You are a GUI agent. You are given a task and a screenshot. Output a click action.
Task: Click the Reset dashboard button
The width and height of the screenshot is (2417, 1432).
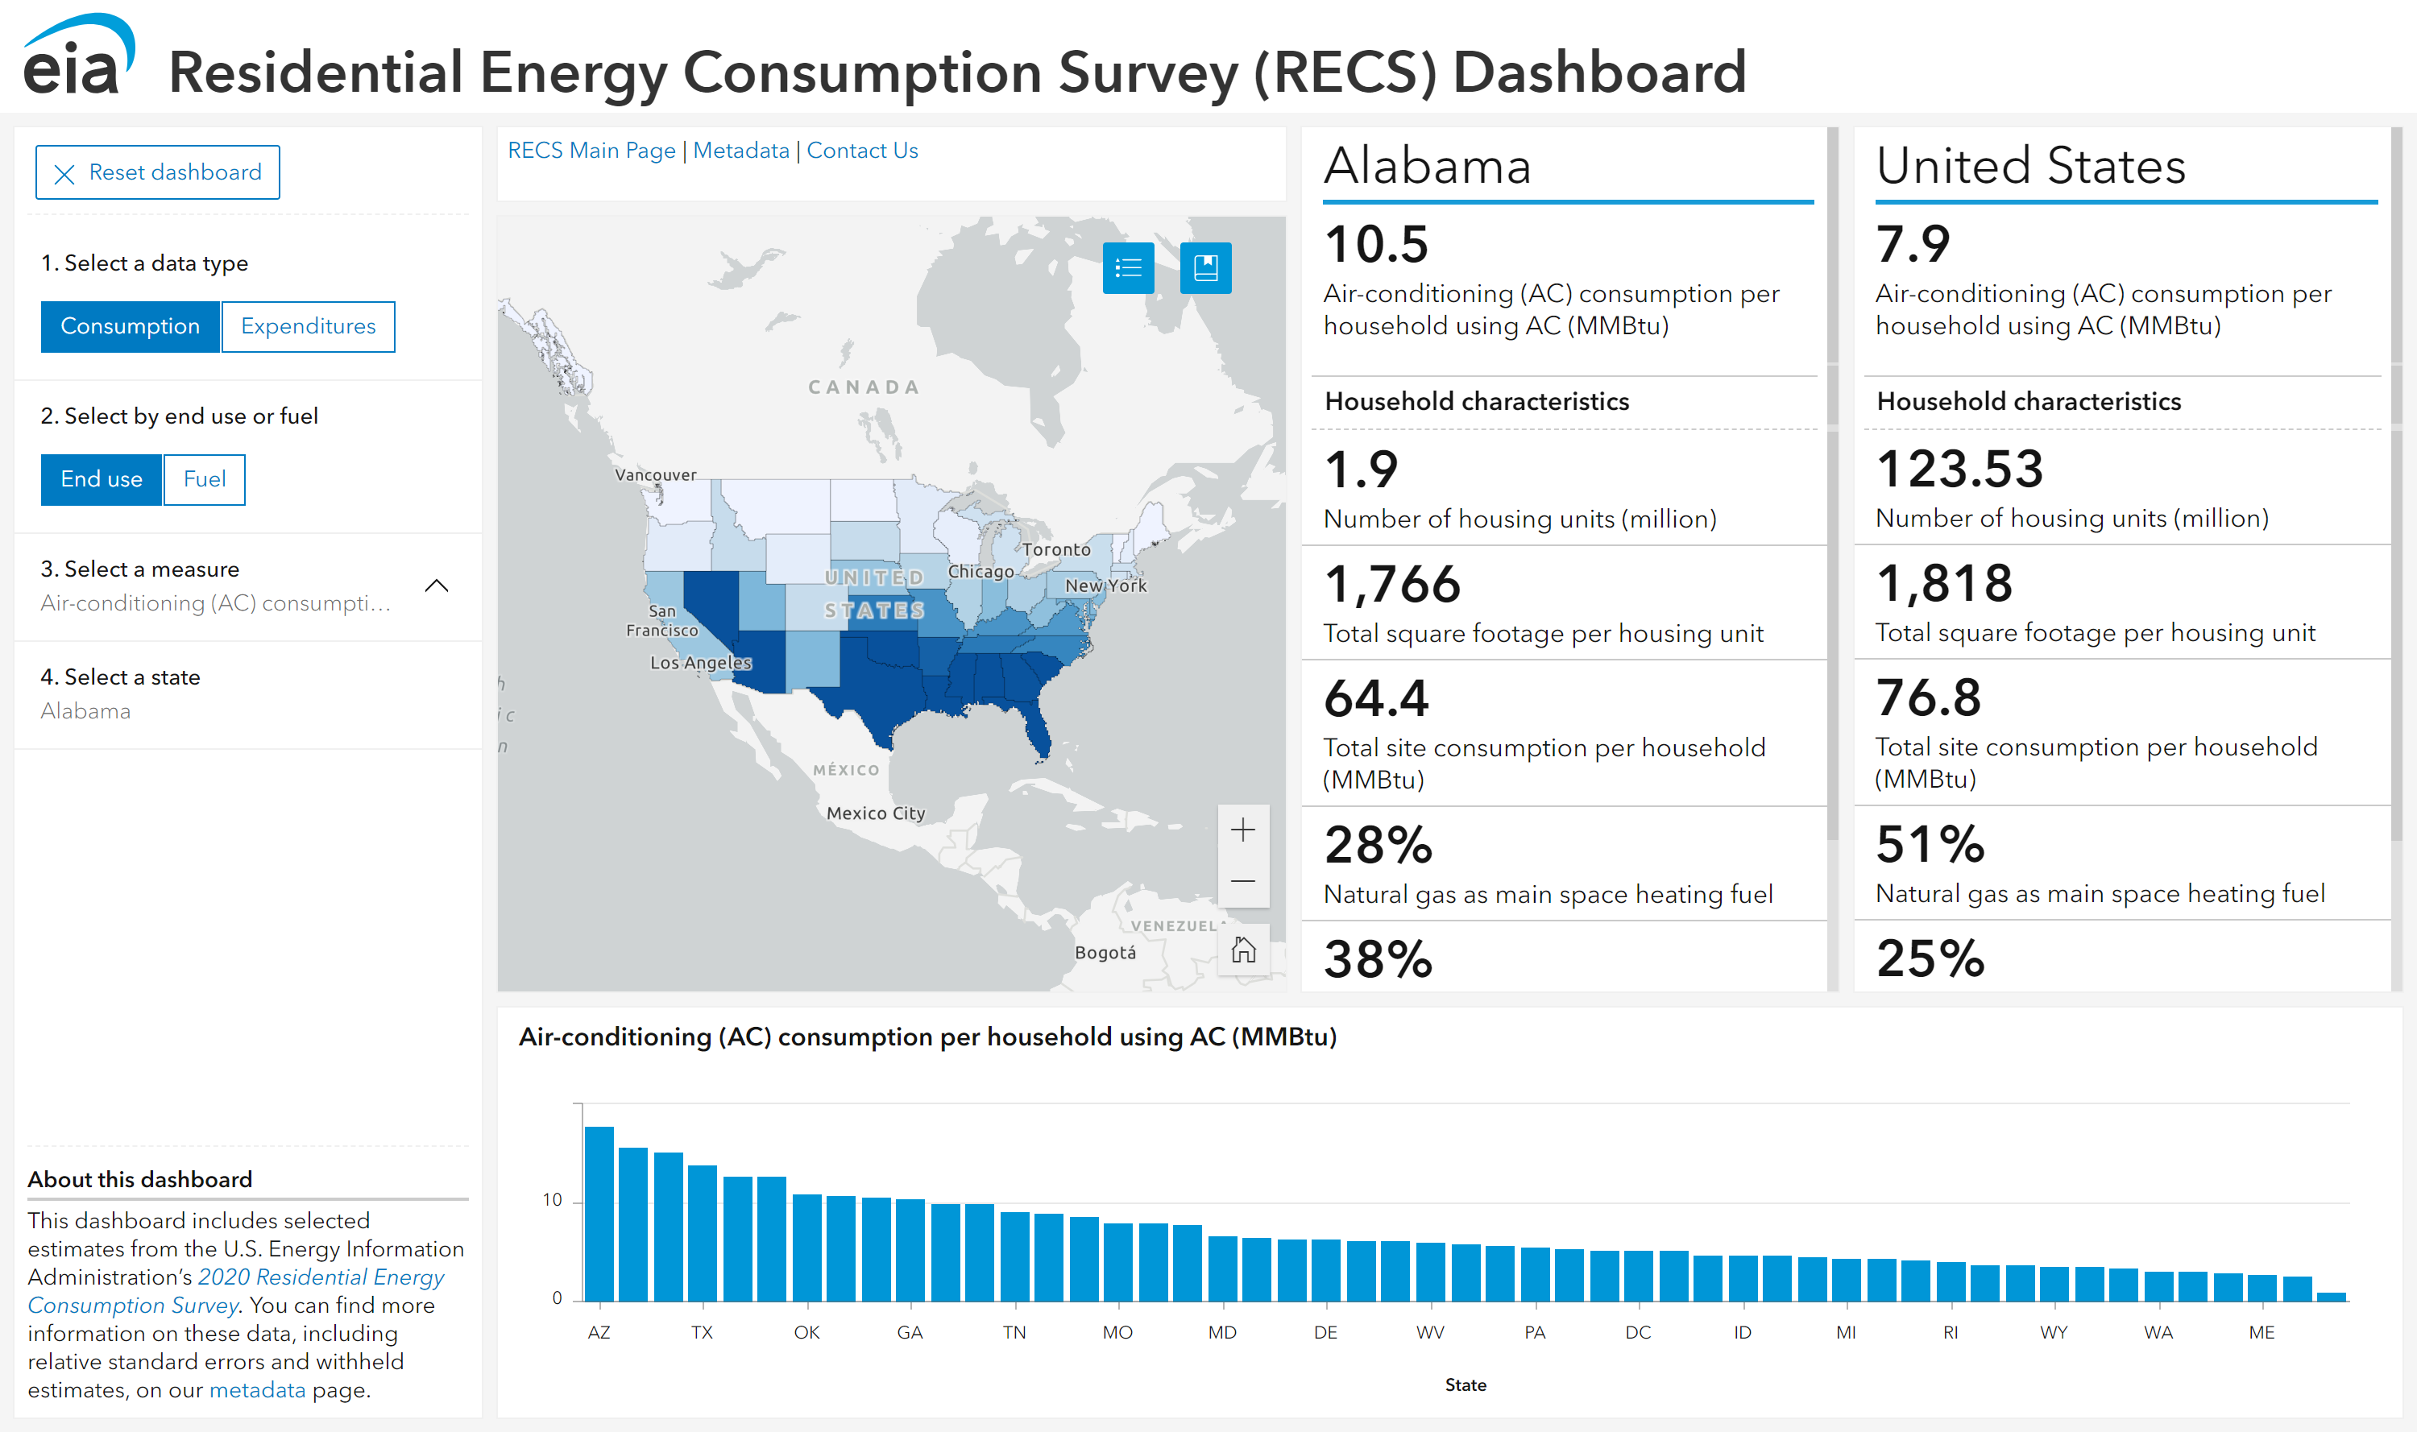pyautogui.click(x=157, y=172)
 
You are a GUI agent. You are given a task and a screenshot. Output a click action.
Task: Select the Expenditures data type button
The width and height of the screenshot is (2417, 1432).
pyautogui.click(x=308, y=326)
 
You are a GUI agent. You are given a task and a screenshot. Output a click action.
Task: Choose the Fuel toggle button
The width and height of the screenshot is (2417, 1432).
pyautogui.click(x=205, y=479)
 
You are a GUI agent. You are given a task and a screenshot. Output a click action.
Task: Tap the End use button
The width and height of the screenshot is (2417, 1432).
pyautogui.click(x=102, y=479)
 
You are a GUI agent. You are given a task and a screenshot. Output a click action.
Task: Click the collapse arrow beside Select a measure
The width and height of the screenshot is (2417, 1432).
pyautogui.click(x=437, y=586)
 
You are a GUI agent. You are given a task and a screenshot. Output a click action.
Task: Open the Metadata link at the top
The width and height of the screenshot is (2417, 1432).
pyautogui.click(x=740, y=151)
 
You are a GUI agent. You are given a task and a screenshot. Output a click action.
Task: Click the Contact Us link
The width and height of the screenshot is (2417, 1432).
pyautogui.click(x=862, y=151)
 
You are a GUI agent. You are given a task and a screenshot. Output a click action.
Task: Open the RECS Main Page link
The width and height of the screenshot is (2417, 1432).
pyautogui.click(x=591, y=151)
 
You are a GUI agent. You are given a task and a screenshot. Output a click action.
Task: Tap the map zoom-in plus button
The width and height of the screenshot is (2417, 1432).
pyautogui.click(x=1242, y=830)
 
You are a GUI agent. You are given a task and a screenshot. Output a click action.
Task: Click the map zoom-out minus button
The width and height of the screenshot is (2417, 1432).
pyautogui.click(x=1242, y=881)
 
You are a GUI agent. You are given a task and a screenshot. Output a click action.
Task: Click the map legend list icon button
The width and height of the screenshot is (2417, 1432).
pyautogui.click(x=1127, y=267)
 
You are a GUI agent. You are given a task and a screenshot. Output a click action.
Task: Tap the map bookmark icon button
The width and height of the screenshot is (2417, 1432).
pyautogui.click(x=1204, y=267)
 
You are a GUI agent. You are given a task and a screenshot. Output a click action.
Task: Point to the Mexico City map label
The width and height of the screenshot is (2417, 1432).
pyautogui.click(x=876, y=813)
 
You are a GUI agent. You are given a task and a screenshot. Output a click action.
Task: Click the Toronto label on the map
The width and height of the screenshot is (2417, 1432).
pyautogui.click(x=1056, y=550)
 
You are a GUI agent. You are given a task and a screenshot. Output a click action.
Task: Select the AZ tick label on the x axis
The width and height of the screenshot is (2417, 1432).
pyautogui.click(x=599, y=1333)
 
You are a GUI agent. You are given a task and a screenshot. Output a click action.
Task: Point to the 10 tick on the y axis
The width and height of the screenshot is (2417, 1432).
pyautogui.click(x=552, y=1200)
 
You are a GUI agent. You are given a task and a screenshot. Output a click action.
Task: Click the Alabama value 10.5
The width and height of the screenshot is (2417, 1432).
pyautogui.click(x=1375, y=244)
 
